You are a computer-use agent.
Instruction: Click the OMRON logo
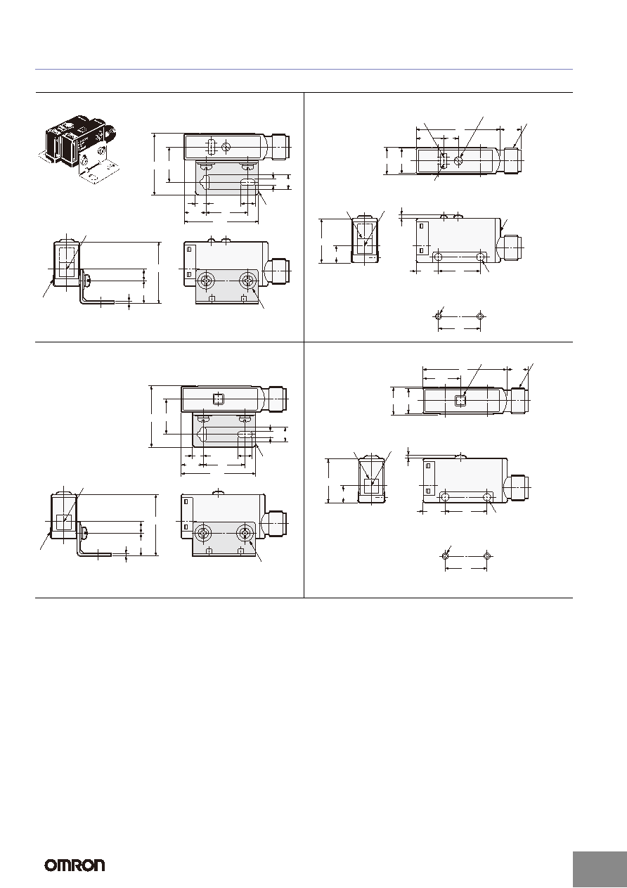[x=75, y=865]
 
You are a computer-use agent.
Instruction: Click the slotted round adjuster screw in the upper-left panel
[x=226, y=147]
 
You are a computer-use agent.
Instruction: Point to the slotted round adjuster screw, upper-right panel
[x=459, y=160]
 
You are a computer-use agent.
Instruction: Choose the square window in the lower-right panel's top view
[x=460, y=401]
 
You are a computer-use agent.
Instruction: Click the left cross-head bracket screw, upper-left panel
[x=206, y=281]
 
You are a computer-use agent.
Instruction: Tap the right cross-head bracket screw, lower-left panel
[x=244, y=534]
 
